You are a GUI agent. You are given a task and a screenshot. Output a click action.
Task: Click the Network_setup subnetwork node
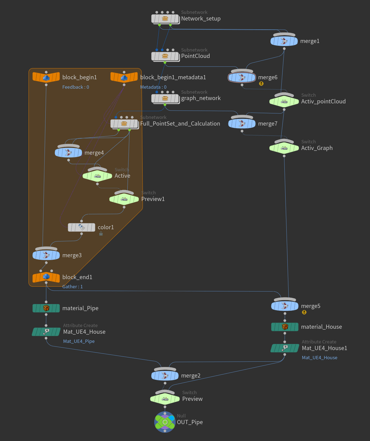point(165,19)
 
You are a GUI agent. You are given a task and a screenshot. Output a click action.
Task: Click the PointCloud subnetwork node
point(165,56)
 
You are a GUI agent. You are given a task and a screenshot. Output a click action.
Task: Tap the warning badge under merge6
point(261,83)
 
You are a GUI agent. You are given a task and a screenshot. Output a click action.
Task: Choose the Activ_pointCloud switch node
point(284,102)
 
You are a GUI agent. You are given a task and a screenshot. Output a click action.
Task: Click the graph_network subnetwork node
point(165,98)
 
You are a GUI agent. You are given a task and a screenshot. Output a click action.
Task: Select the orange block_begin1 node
point(46,77)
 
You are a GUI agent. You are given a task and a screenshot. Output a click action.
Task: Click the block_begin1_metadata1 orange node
point(124,77)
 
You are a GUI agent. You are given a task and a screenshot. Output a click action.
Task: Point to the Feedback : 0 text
point(76,87)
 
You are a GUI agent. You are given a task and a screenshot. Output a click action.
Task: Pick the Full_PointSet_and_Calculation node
point(124,124)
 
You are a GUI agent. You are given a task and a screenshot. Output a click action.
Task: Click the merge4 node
point(68,153)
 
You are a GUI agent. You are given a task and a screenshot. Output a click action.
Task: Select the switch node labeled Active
point(97,176)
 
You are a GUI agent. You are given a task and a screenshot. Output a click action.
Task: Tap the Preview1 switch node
point(124,199)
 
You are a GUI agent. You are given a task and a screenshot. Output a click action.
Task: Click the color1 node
point(81,228)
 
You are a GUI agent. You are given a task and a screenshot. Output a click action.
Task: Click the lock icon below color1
point(101,234)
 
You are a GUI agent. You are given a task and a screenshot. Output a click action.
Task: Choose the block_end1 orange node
point(46,277)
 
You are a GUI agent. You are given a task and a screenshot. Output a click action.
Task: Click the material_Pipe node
point(46,308)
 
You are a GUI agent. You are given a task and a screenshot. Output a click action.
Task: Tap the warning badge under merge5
point(304,312)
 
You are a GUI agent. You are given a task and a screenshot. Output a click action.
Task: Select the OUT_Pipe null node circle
point(165,422)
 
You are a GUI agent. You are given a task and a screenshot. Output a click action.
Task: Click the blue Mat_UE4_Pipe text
point(79,341)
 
